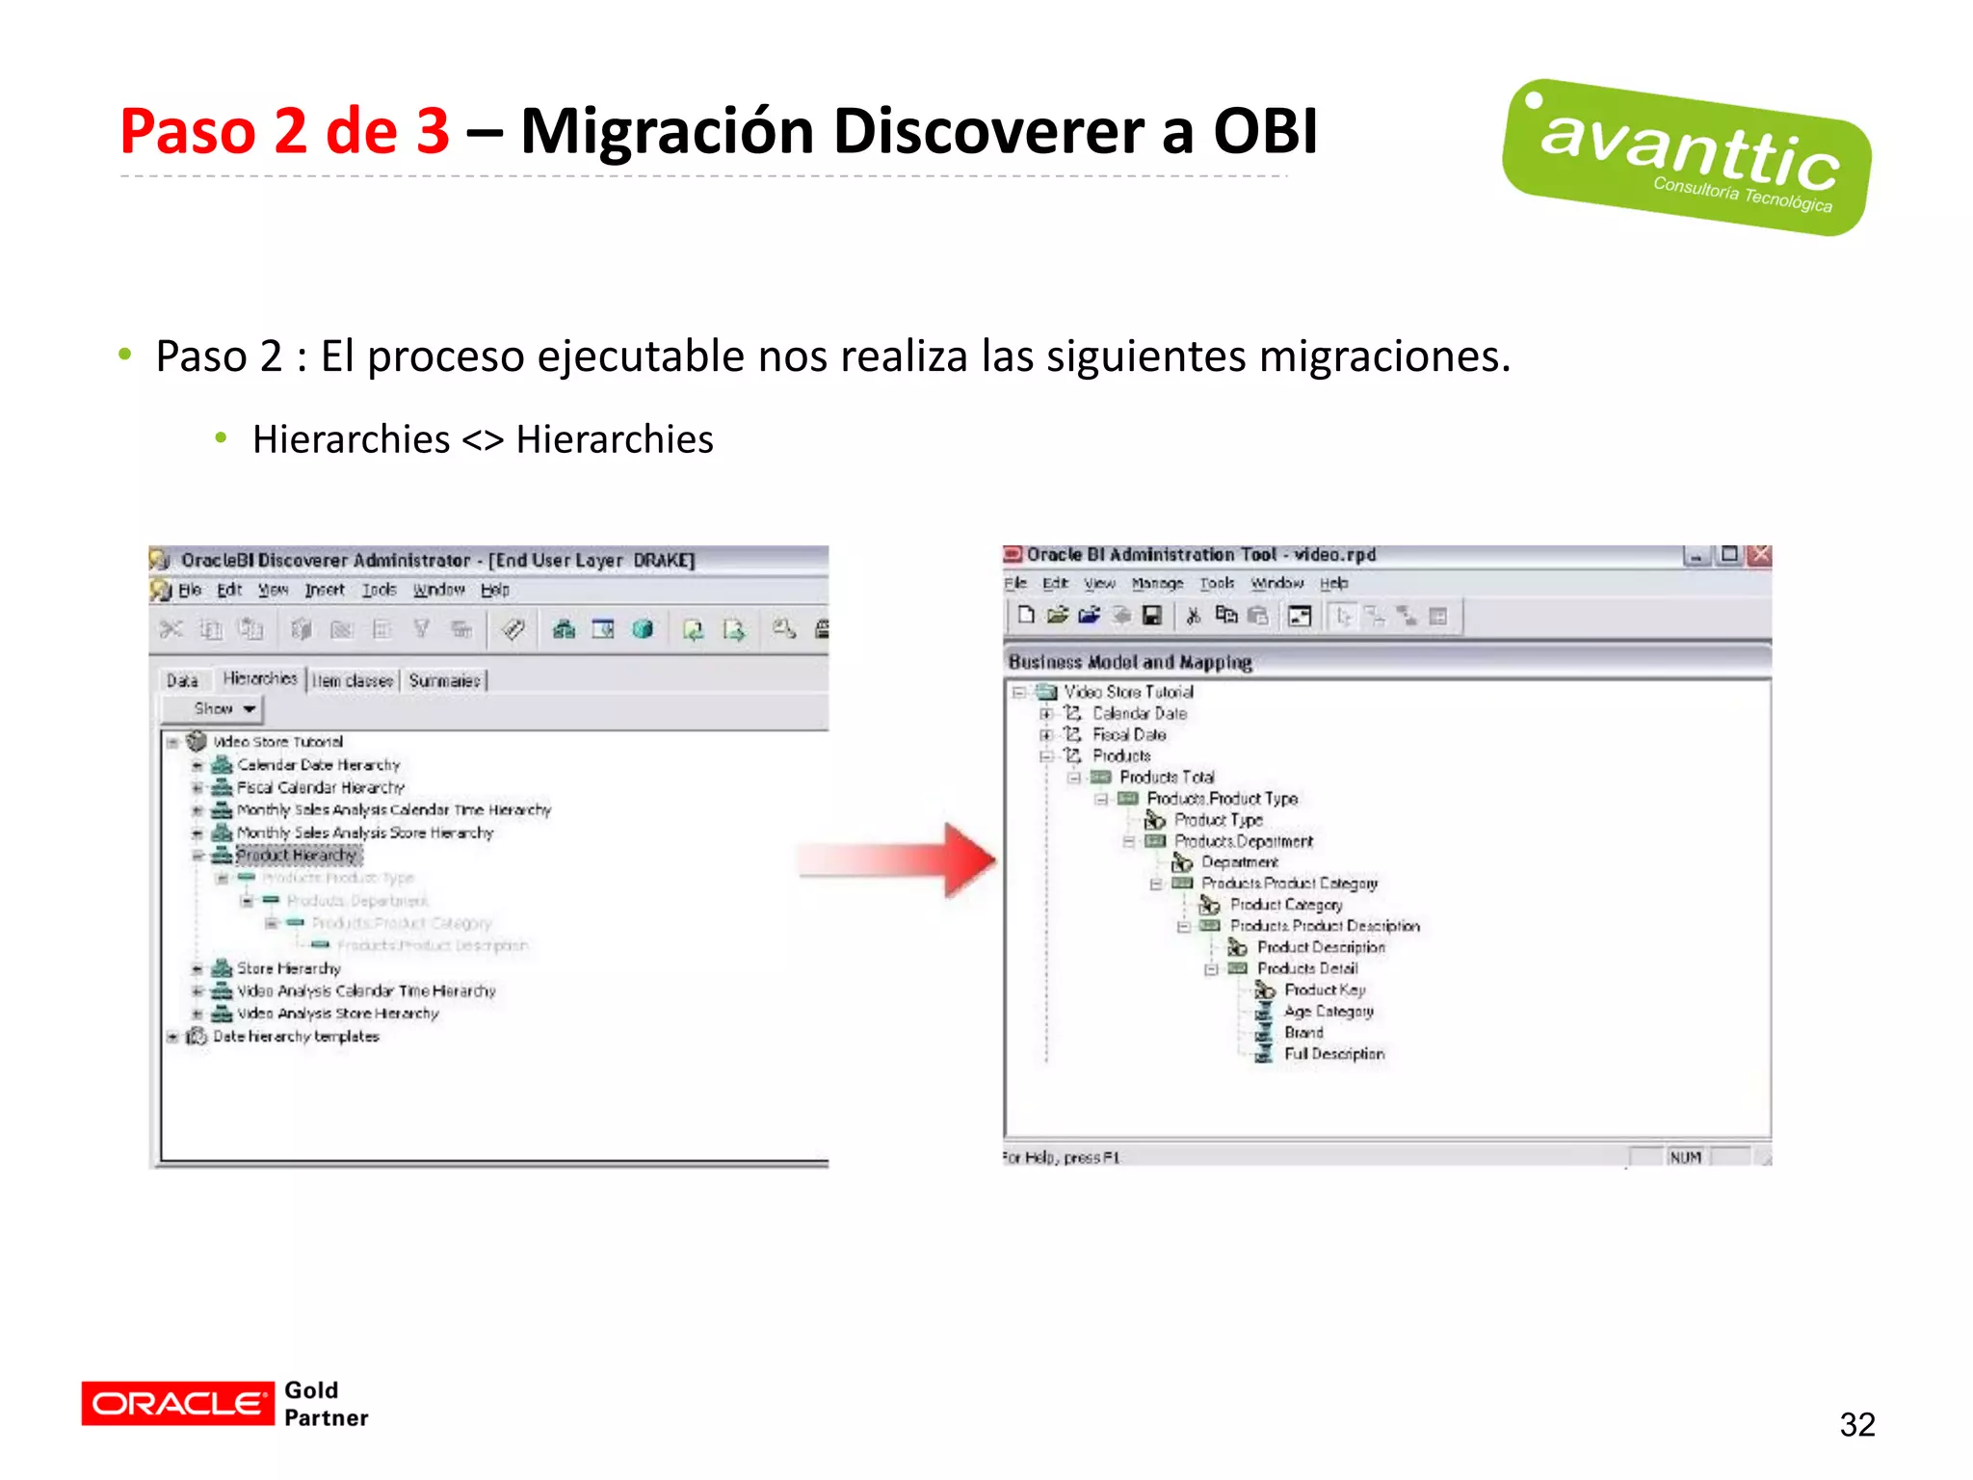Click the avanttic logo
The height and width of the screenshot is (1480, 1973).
pos(1686,157)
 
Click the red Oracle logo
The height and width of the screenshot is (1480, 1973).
pos(177,1403)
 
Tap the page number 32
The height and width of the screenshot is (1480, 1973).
pos(1856,1424)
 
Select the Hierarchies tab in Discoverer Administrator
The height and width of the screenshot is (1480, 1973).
pos(260,679)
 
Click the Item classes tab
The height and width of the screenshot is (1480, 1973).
pos(353,681)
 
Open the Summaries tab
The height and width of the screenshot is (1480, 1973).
pos(444,681)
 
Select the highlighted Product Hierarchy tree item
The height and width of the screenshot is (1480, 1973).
pos(297,856)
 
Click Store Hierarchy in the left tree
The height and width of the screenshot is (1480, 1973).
pos(288,968)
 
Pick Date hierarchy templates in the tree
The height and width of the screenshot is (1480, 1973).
pos(296,1037)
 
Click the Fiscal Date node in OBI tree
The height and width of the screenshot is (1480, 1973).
pos(1128,735)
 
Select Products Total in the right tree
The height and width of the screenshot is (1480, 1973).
pos(1166,778)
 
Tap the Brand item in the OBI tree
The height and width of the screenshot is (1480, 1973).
pos(1302,1033)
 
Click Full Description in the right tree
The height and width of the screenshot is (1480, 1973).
pos(1333,1054)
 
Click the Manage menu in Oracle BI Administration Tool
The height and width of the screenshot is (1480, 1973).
pos(1156,584)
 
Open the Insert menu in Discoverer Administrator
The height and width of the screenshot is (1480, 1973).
pos(325,591)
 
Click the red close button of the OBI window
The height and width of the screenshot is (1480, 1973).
pos(1759,555)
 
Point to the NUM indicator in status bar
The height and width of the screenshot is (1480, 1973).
pos(1685,1157)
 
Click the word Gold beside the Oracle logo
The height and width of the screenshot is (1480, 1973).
pos(311,1389)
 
